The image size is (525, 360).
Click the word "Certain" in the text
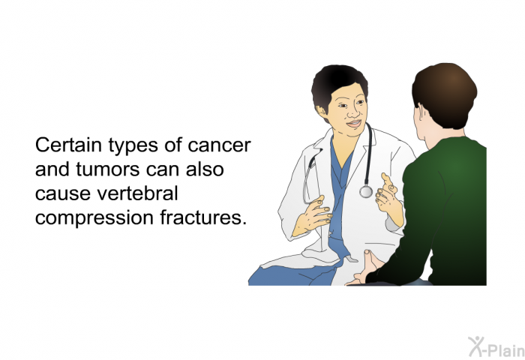coord(68,145)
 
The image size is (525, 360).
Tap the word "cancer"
coord(219,145)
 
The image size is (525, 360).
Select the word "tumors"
coord(107,169)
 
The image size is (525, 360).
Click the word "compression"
coord(94,218)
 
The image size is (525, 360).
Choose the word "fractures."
coord(203,217)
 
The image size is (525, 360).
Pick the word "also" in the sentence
coord(205,169)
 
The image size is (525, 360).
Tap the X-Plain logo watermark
coord(496,347)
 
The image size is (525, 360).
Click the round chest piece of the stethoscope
coord(366,192)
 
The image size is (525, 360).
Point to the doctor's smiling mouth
coord(354,124)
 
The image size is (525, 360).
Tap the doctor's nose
coord(352,112)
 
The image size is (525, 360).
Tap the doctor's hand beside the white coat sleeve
coord(313,217)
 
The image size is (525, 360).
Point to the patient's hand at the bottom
coord(367,268)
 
